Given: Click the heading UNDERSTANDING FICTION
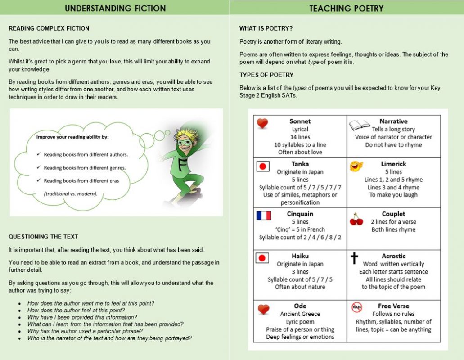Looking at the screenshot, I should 115,8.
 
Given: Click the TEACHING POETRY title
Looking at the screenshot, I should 346,8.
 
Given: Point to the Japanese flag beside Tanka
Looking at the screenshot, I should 262,166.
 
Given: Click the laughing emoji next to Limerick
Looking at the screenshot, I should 356,166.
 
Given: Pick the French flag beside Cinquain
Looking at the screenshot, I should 264,215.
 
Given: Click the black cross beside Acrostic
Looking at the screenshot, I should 354,258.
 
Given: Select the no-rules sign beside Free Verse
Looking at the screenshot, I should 357,307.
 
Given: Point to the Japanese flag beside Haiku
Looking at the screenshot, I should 262,258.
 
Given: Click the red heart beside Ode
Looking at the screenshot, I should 263,309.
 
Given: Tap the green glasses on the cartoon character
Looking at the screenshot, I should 185,131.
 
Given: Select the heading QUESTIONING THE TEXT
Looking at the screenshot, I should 43,237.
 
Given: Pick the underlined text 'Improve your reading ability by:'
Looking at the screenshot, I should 72,137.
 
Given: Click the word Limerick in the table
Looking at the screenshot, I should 393,164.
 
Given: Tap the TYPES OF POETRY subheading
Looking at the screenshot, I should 266,75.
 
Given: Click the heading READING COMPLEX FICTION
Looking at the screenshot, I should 49,28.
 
